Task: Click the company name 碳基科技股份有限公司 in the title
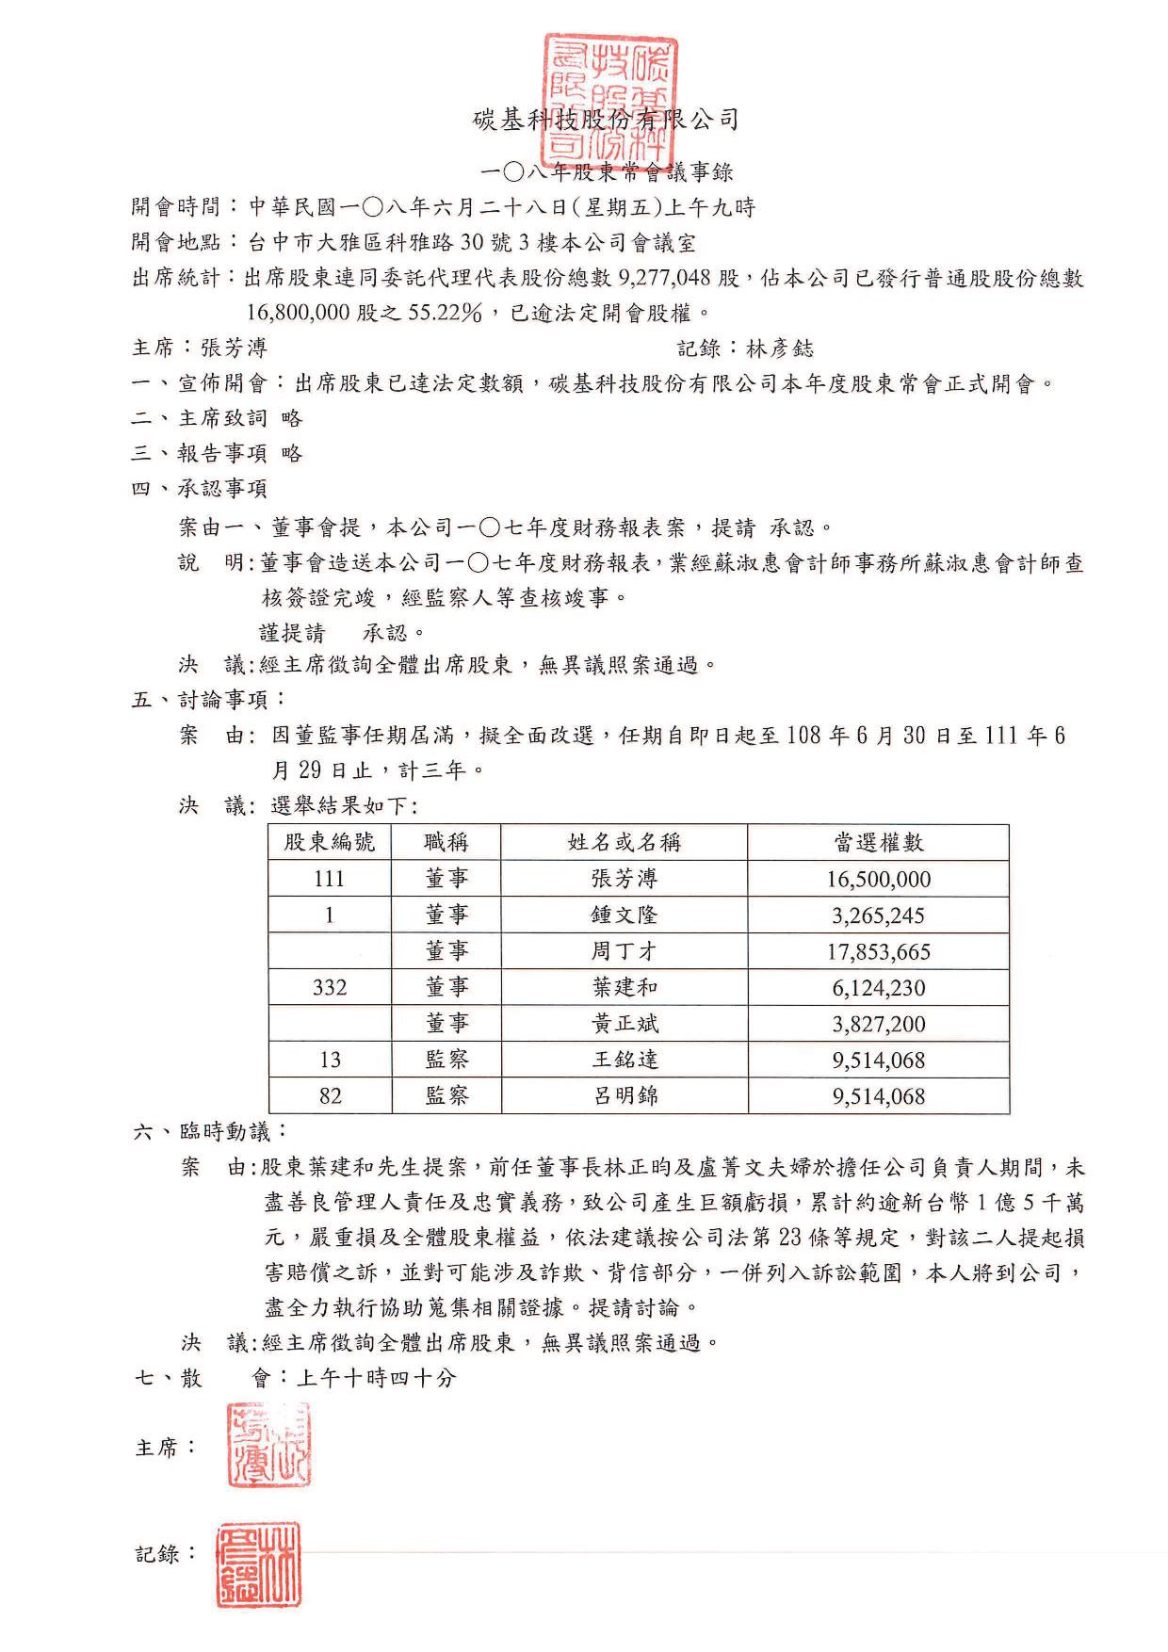(607, 121)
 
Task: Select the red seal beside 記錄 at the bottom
(258, 1564)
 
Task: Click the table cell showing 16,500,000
(878, 879)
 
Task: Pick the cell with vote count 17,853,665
(878, 951)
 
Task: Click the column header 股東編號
(330, 842)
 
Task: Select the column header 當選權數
(878, 842)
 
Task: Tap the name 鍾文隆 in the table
(624, 915)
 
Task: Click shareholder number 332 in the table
(330, 987)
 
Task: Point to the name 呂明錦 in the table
(624, 1095)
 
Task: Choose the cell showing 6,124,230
(878, 987)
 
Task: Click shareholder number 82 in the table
(330, 1095)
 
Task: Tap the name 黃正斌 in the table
(624, 1024)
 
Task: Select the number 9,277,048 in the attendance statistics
(665, 278)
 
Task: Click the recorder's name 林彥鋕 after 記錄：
(779, 348)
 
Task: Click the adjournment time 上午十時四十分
(376, 1378)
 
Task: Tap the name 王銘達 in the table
(624, 1060)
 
